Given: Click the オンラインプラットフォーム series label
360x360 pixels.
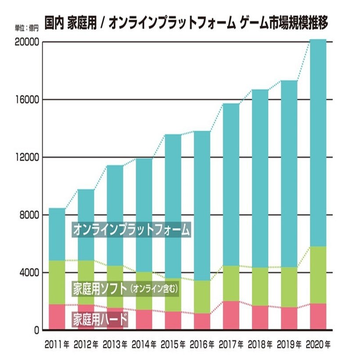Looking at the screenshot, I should [132, 229].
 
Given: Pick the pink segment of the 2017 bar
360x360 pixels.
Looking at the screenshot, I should [230, 315].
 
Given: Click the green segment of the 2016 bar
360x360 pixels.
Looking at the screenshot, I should [202, 297].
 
